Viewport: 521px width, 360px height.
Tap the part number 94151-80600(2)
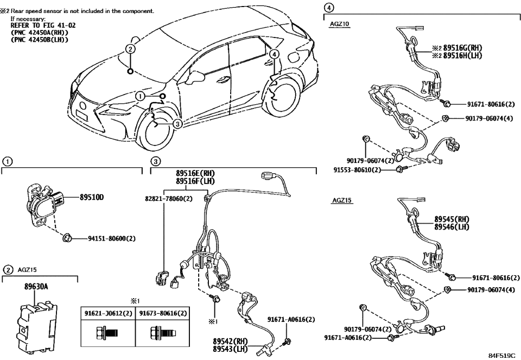click(112, 238)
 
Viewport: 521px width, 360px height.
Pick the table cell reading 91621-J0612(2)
click(107, 314)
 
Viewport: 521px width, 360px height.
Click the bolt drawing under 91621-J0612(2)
click(107, 331)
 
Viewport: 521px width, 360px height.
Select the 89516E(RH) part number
click(195, 174)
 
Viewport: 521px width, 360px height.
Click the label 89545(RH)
click(452, 219)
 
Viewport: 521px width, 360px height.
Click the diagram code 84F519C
click(500, 355)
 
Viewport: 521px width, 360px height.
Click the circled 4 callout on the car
click(274, 54)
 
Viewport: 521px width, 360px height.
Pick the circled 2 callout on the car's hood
click(130, 49)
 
